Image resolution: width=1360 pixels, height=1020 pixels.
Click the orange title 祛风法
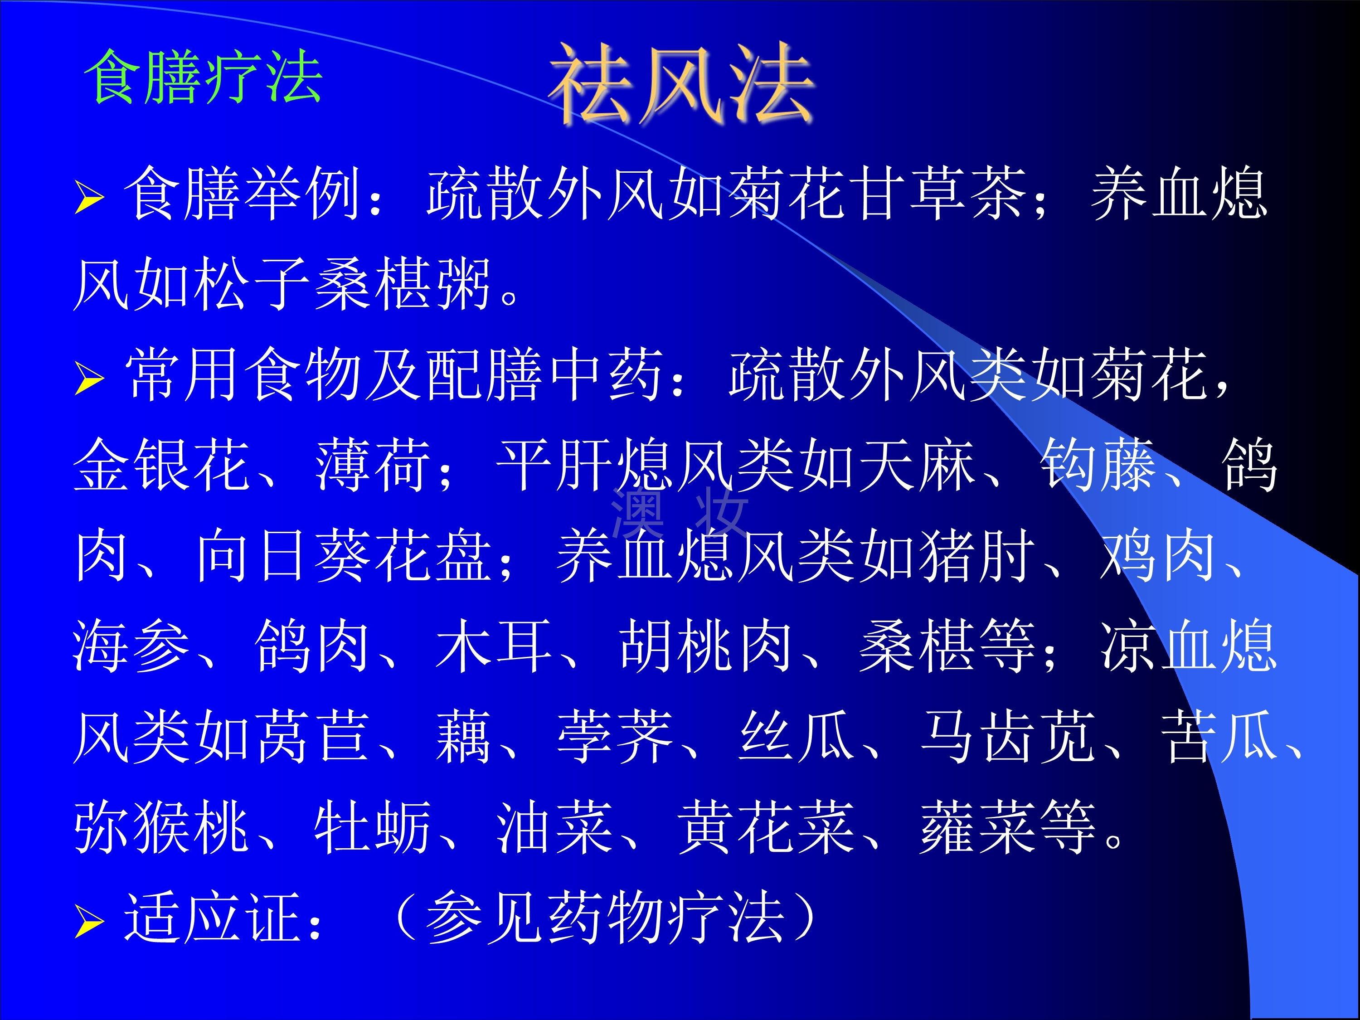681,83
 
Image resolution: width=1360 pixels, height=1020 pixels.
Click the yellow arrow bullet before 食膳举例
90,197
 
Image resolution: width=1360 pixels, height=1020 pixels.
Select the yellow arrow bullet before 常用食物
90,379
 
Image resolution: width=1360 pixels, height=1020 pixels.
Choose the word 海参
131,646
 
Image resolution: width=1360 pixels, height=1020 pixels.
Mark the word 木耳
494,646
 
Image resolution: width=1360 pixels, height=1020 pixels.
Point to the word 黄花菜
766,827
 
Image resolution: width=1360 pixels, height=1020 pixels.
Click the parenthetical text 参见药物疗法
606,918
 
